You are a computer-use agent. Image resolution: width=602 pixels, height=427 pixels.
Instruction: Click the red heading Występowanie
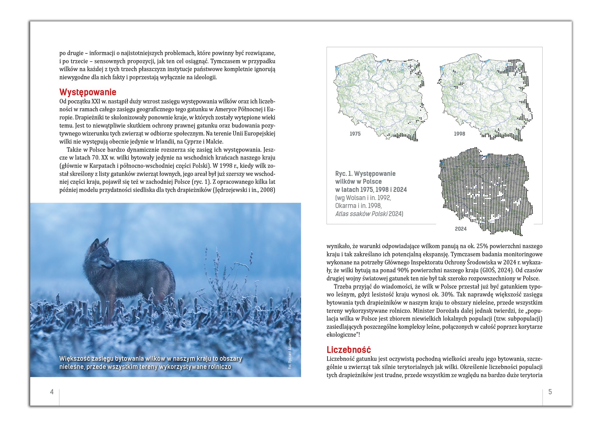tap(88, 92)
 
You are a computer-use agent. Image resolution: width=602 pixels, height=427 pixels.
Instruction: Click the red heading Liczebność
tap(348, 350)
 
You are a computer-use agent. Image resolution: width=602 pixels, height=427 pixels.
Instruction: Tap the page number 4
tap(52, 392)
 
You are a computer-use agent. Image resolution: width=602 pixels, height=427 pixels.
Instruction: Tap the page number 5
tap(550, 392)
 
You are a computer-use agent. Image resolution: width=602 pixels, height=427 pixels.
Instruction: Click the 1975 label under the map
tap(355, 134)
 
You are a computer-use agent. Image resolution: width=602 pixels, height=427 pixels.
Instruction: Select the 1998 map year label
tap(459, 134)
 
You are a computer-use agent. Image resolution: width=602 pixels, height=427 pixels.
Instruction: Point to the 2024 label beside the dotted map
tap(460, 229)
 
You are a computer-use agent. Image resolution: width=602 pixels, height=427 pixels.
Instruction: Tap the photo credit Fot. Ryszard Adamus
tap(290, 353)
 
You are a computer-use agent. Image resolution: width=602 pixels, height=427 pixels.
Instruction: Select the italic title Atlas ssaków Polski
tap(361, 214)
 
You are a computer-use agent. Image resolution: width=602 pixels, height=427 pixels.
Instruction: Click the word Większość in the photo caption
tap(74, 359)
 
